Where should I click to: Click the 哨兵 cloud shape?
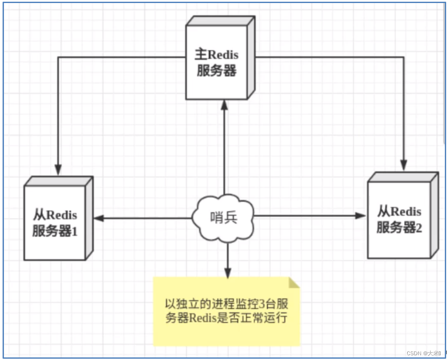coord(223,218)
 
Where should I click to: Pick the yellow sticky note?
coord(226,311)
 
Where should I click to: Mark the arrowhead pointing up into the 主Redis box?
coord(224,105)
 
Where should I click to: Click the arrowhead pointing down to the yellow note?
coord(227,273)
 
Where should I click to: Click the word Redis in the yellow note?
coord(204,319)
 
